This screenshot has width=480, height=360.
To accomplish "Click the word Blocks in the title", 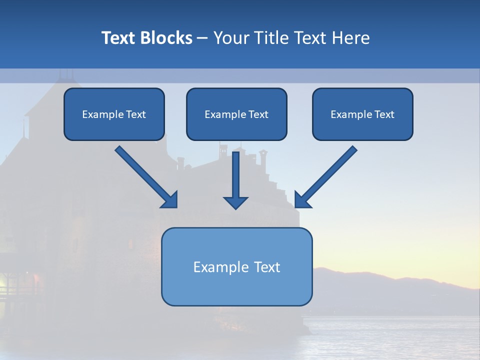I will (167, 38).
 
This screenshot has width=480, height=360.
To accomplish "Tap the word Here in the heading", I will (350, 38).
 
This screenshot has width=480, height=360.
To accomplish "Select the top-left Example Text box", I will (114, 114).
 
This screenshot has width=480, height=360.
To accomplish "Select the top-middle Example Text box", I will (236, 114).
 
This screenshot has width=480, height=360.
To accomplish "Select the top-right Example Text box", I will (362, 114).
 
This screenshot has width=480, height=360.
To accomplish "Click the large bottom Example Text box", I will (236, 266).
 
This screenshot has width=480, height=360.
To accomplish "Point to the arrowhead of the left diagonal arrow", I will (170, 200).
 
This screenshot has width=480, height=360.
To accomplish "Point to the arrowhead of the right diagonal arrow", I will (302, 200).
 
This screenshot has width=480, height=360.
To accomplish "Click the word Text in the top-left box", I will (135, 114).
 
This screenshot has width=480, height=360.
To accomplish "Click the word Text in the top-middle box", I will (258, 114).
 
